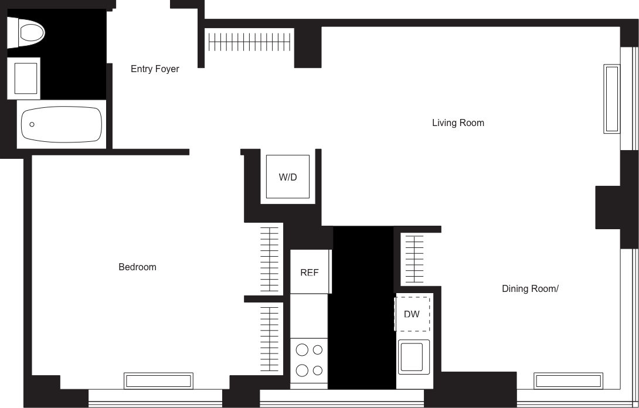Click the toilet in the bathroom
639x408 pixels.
point(26,32)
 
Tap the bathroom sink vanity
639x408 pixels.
point(23,78)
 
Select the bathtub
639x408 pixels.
point(62,124)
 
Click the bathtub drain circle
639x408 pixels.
point(32,124)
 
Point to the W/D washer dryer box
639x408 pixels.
point(287,176)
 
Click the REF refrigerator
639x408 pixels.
point(310,272)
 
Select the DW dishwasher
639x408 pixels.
point(412,314)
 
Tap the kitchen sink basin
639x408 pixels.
point(413,356)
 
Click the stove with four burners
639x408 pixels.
point(309,360)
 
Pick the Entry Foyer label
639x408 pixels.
point(154,69)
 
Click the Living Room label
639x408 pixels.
point(458,123)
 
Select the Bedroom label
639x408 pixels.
point(137,267)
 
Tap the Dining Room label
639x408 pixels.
point(530,288)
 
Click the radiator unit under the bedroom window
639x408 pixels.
point(159,381)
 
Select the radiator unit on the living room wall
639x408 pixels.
point(611,98)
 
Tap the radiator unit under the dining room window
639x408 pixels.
point(567,381)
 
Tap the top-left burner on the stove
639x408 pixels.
point(302,350)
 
